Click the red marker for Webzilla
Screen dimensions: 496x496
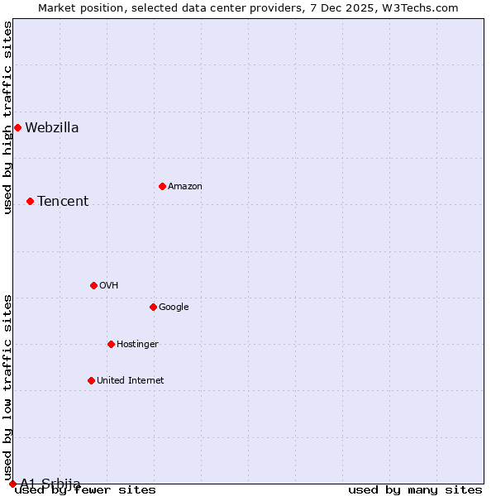click(x=17, y=127)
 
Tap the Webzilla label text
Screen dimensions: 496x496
click(x=51, y=127)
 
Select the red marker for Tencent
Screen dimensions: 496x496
click(x=30, y=201)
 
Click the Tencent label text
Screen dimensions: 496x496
click(x=63, y=201)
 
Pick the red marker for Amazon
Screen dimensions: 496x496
click(x=162, y=186)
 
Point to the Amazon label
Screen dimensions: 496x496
click(x=184, y=186)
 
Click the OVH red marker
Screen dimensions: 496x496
click(x=93, y=285)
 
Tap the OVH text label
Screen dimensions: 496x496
click(x=108, y=285)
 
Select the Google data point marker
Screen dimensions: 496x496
click(x=153, y=307)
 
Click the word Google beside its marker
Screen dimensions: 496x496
click(x=174, y=307)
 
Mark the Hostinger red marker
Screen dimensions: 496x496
click(x=111, y=344)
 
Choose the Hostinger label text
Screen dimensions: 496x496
click(x=137, y=344)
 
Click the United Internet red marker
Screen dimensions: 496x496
click(x=91, y=380)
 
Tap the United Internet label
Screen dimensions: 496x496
click(x=130, y=380)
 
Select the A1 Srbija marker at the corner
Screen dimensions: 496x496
click(x=12, y=484)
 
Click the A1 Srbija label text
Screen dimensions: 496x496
click(x=50, y=484)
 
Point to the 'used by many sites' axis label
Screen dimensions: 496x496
click(x=415, y=489)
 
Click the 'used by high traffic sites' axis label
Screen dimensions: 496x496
click(x=7, y=117)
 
